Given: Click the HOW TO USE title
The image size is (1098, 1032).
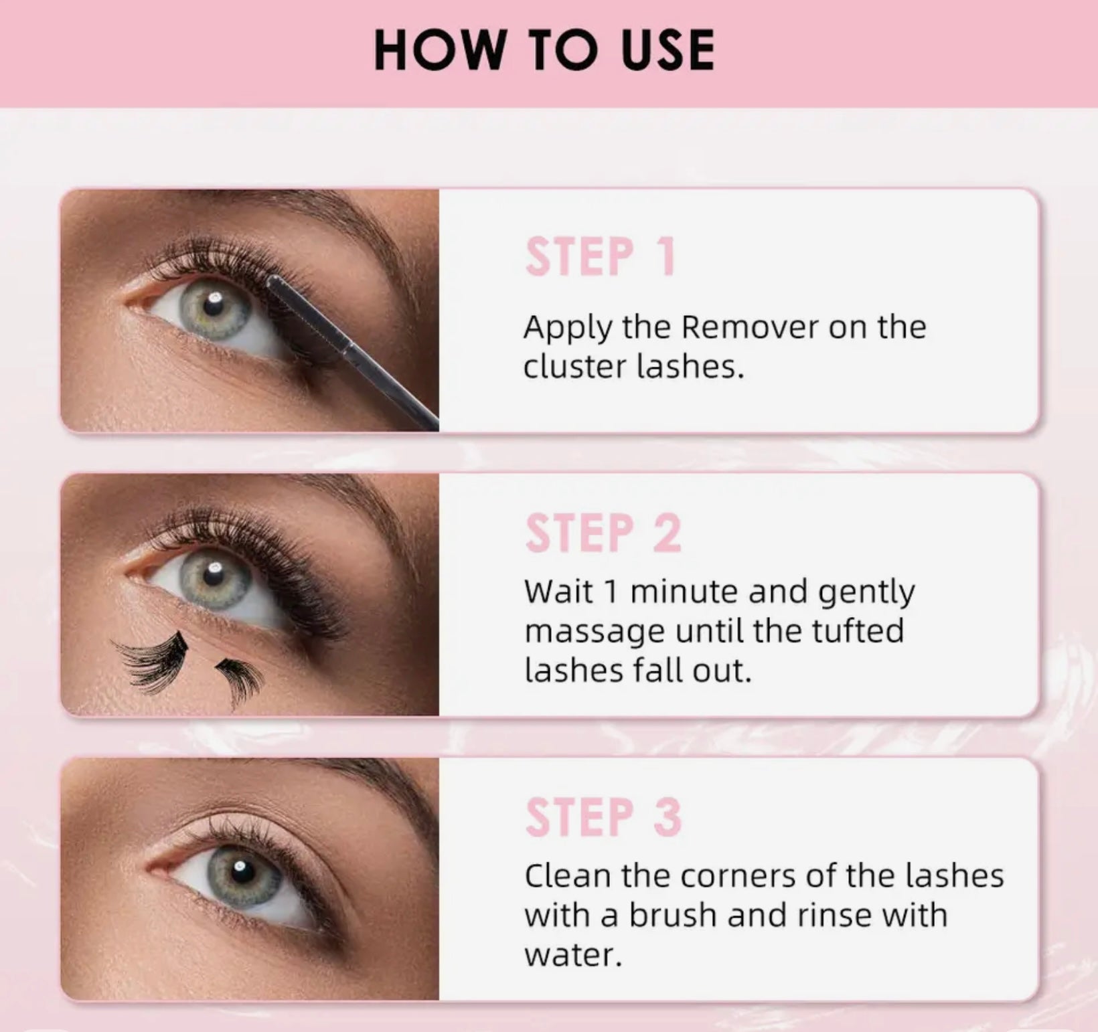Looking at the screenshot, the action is [x=544, y=50].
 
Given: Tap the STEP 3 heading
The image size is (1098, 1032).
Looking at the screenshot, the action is [x=603, y=817].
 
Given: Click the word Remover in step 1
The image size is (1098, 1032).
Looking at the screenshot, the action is [x=750, y=327].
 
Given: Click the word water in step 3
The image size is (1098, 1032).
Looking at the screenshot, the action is [x=573, y=955].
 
